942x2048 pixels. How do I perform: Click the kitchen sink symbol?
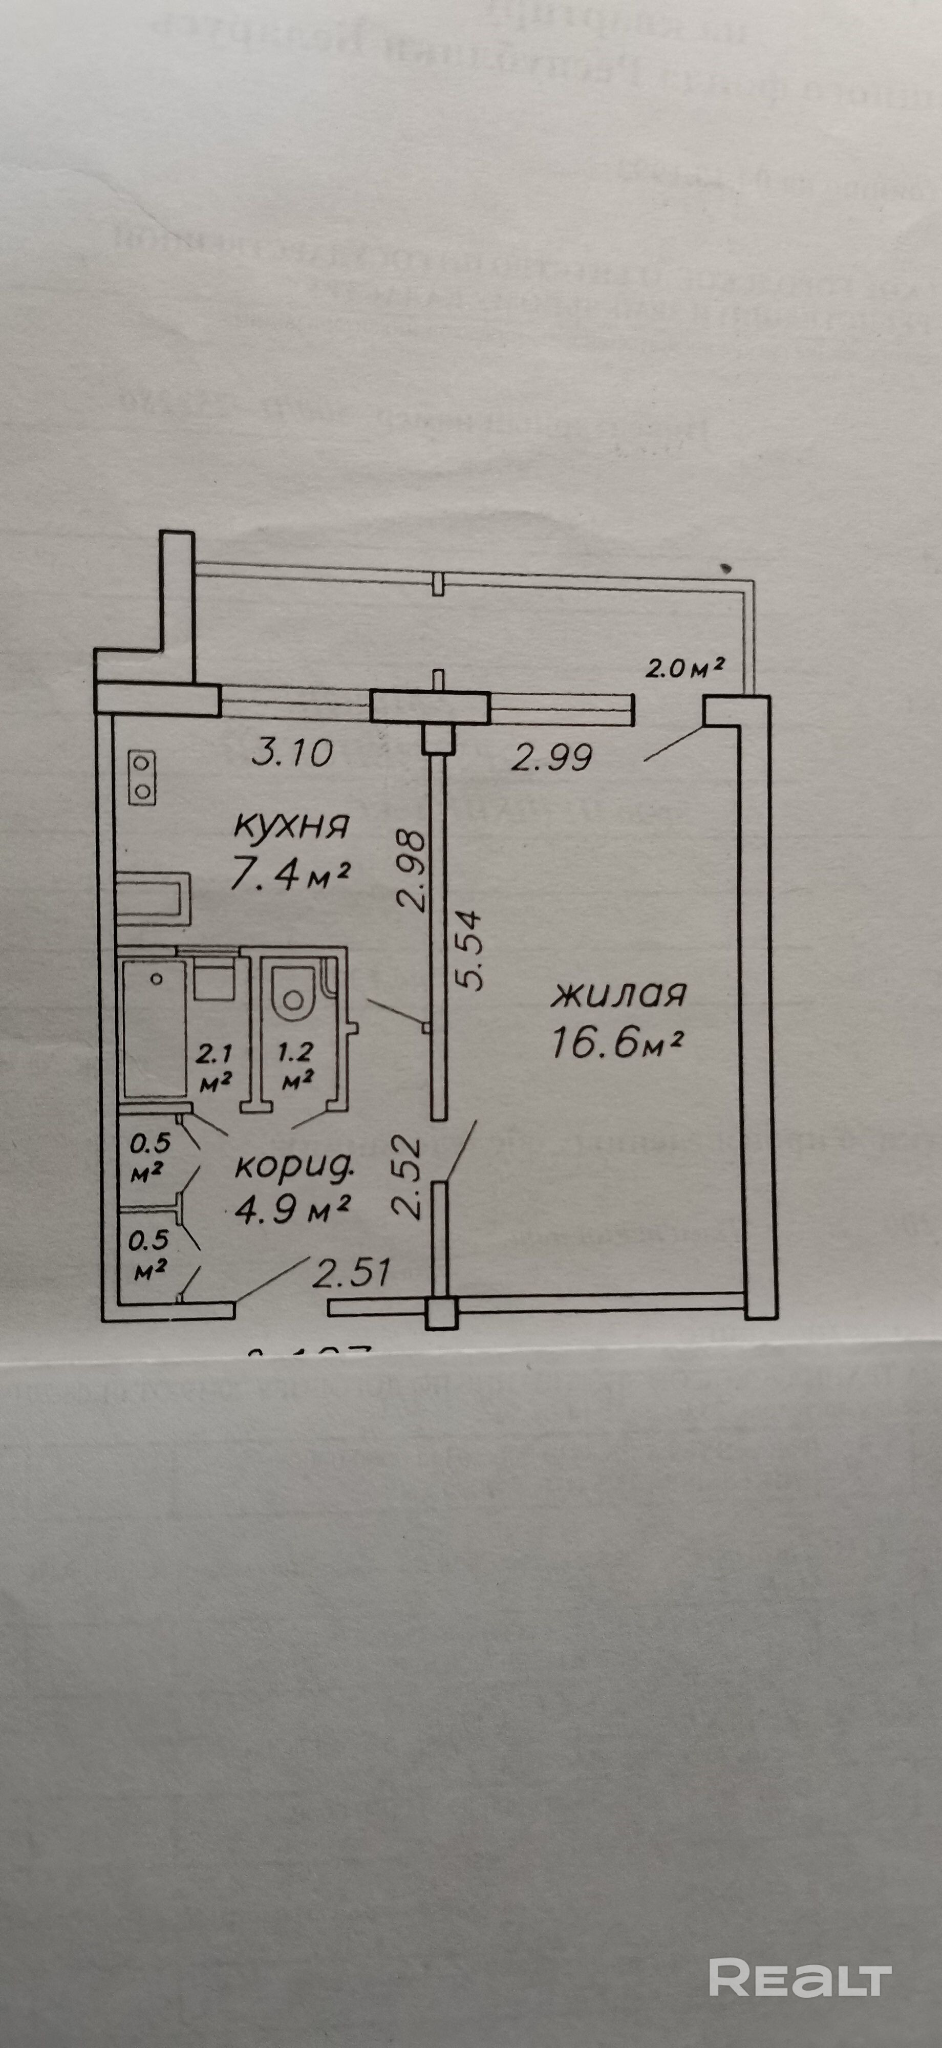[154, 899]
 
